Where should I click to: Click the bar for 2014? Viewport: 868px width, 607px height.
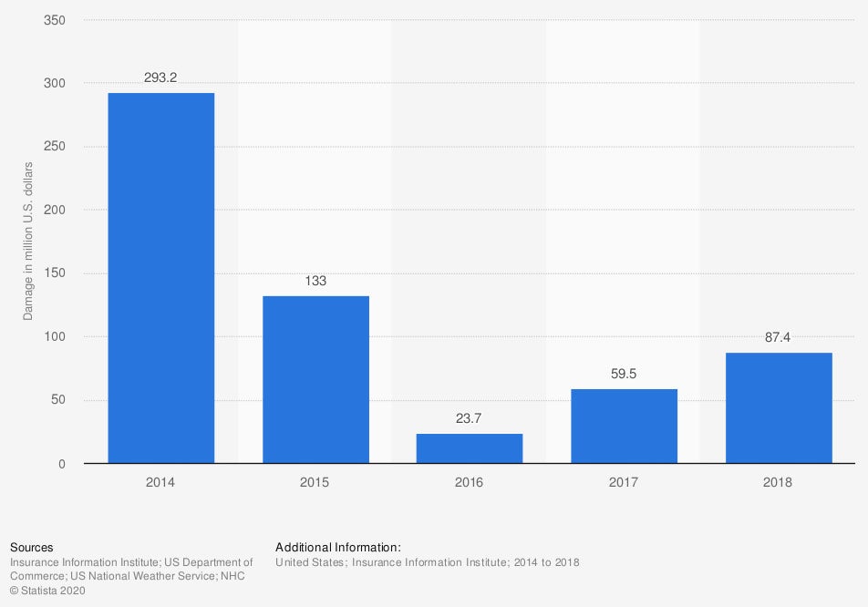coord(161,278)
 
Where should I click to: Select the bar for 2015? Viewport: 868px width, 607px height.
coord(315,379)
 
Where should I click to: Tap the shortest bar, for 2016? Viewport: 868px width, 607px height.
coord(470,448)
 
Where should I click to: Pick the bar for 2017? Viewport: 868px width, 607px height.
coord(624,426)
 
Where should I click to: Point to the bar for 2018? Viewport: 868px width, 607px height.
coord(779,407)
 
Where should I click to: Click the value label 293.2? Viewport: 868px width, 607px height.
coord(161,78)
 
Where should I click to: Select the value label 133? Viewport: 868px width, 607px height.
coord(315,282)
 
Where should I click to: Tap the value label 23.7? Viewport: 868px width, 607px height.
coord(470,419)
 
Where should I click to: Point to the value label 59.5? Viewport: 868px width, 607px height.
coord(624,375)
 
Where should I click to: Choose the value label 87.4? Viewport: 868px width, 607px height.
coord(779,338)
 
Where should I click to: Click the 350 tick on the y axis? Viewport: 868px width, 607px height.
coord(55,20)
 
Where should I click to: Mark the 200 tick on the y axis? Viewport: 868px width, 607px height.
coord(55,211)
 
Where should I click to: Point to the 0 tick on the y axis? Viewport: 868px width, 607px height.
coord(61,464)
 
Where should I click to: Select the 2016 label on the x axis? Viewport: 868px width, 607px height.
coord(470,482)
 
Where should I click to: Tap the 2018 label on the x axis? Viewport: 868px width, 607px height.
coord(779,482)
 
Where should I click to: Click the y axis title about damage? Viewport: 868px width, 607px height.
coord(28,242)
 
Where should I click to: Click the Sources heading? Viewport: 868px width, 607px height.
coord(32,548)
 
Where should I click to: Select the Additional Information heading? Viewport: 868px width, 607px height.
coord(338,548)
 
